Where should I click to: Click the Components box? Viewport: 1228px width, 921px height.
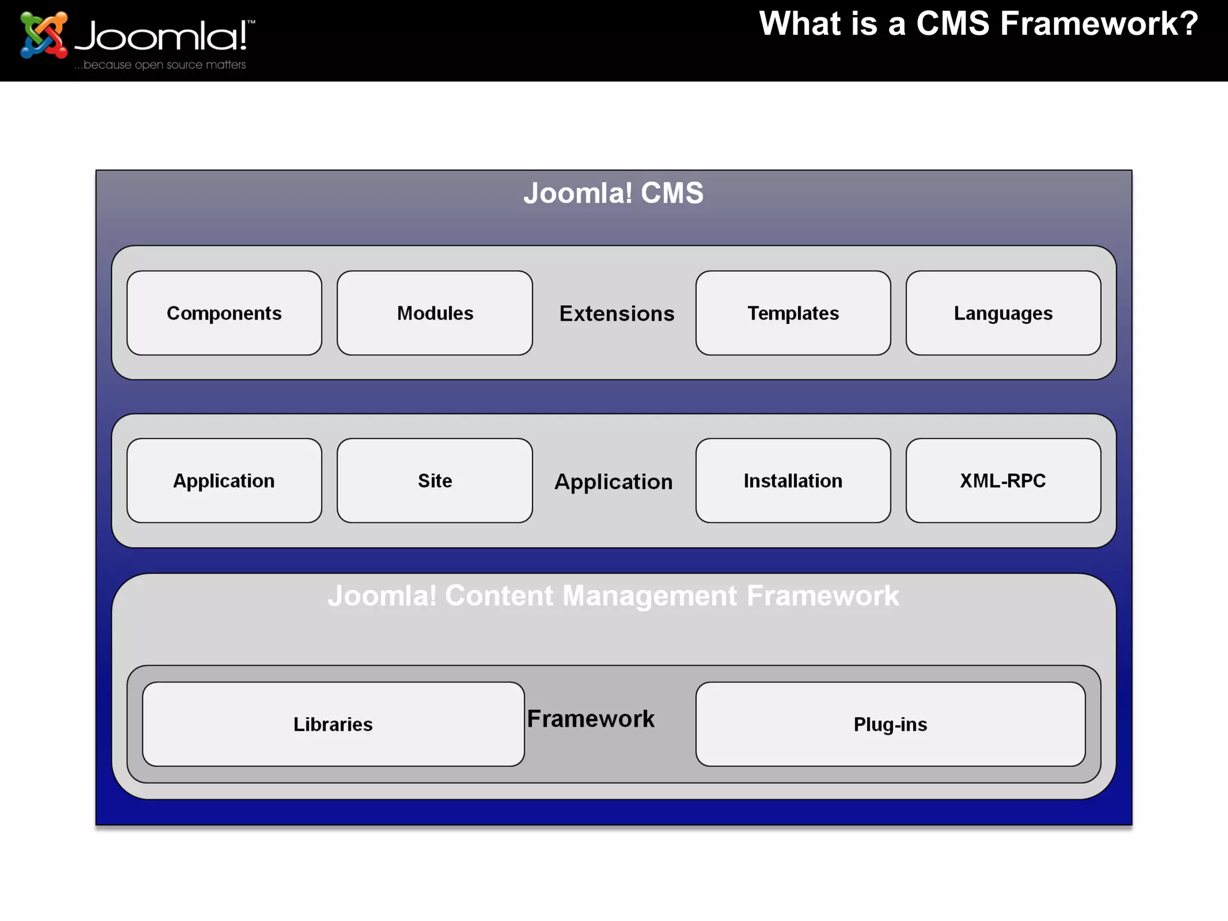pos(224,313)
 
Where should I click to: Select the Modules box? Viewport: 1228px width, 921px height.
pos(435,313)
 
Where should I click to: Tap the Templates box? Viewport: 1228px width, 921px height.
pos(793,313)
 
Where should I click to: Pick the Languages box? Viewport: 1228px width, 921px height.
pos(1003,313)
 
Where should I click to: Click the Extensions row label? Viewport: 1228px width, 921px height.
pos(616,314)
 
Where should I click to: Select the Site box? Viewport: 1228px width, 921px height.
pos(435,480)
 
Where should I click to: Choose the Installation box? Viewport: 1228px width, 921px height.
pos(793,480)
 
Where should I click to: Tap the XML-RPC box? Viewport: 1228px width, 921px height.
pos(1003,480)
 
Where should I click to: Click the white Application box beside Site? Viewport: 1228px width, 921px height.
pos(224,480)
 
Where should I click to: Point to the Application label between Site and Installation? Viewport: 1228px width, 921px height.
pos(613,481)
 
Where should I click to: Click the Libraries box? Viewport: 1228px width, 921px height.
pos(333,724)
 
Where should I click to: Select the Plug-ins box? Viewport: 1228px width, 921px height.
pos(890,724)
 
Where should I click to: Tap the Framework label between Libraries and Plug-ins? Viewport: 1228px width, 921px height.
pos(591,718)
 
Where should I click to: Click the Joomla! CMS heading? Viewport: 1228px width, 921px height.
pos(613,193)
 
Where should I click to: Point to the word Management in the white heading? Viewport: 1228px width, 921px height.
pos(650,595)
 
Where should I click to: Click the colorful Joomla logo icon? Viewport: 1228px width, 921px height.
pos(43,35)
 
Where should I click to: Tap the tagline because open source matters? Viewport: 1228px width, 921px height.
pos(160,65)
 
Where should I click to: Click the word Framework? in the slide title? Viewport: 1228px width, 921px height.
pos(1098,24)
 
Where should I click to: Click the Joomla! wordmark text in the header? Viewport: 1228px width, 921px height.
pos(162,36)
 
